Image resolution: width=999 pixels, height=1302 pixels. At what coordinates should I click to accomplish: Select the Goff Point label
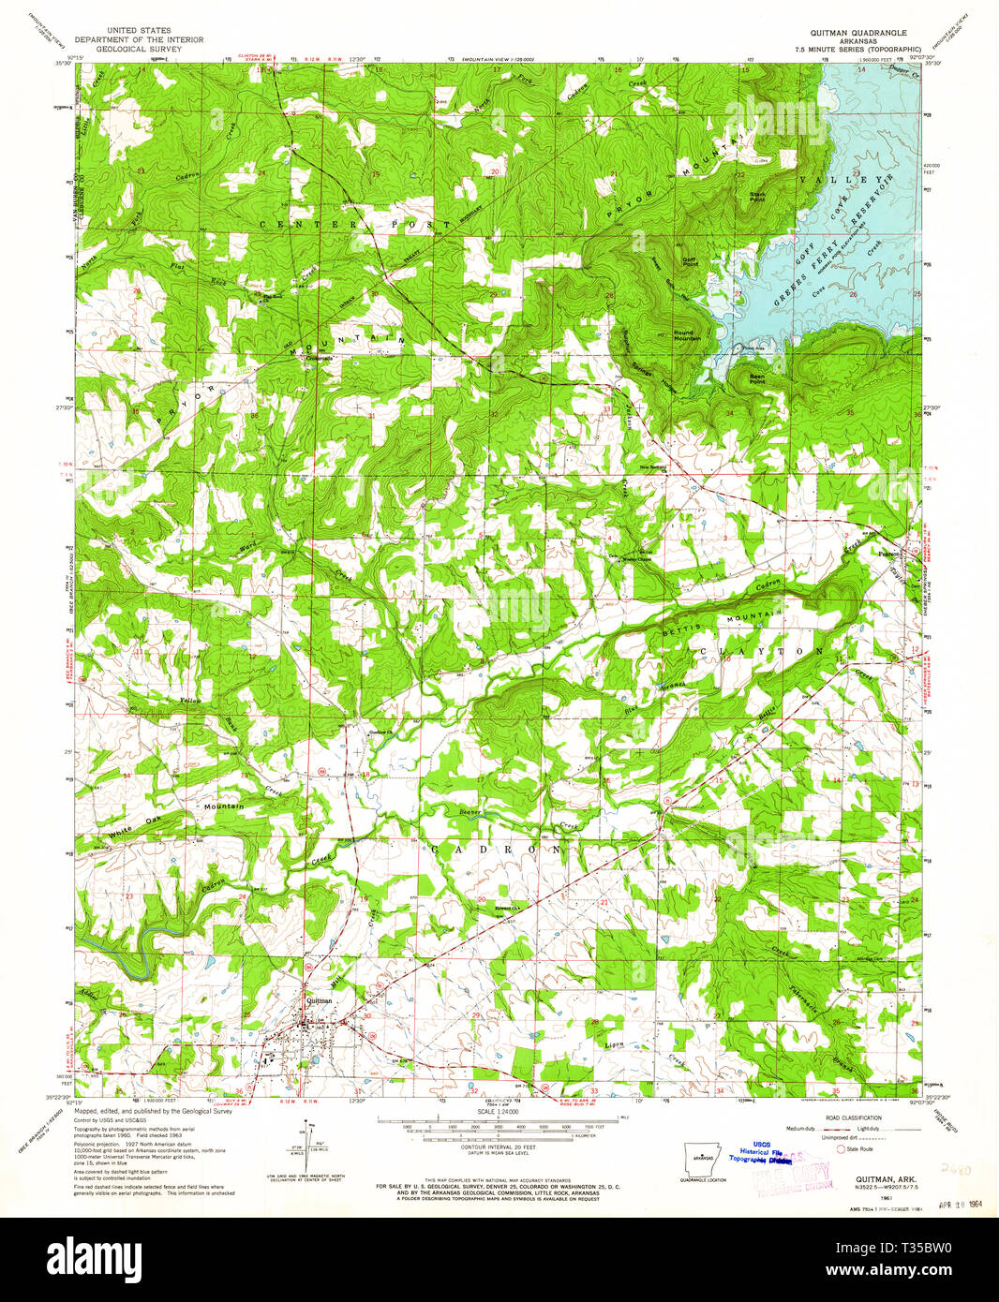tap(690, 262)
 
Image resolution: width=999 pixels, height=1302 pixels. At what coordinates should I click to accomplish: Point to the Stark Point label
tap(757, 197)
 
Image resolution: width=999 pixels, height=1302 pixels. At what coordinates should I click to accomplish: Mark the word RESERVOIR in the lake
tap(873, 200)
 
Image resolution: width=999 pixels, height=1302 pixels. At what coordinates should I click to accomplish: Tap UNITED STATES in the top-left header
tap(139, 31)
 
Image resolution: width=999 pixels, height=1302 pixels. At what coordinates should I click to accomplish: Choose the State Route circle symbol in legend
tap(840, 1147)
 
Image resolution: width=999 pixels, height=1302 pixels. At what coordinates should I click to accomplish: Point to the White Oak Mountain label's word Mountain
tap(224, 806)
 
